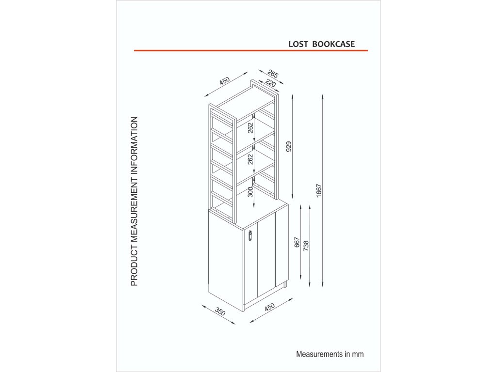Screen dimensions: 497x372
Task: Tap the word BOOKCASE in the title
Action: (x=333, y=44)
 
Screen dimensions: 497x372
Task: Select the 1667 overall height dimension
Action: (x=319, y=191)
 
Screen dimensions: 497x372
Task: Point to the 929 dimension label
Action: (x=289, y=147)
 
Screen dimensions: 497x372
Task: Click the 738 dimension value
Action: (x=306, y=246)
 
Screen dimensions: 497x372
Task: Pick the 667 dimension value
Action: (x=298, y=243)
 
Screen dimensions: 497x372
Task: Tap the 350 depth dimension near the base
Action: (x=220, y=312)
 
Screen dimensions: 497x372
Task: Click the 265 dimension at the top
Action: (x=273, y=75)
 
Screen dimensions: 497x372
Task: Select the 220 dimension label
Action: (x=270, y=84)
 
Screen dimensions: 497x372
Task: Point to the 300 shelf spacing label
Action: (x=250, y=193)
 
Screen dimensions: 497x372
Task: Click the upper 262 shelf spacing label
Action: (x=250, y=128)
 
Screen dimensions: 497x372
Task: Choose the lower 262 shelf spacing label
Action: (x=250, y=160)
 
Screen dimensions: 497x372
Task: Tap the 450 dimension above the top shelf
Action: (x=224, y=81)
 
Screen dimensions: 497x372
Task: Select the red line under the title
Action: (x=250, y=50)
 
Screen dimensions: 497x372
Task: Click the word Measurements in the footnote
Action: (x=319, y=354)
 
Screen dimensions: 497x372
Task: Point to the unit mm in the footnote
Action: (x=358, y=354)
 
